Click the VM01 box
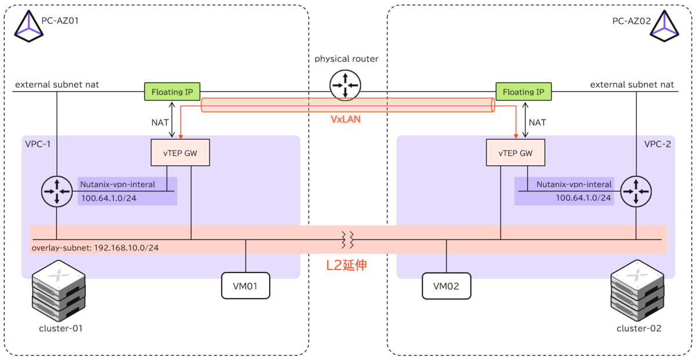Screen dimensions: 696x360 tap(245, 286)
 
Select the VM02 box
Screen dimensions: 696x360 tap(446, 286)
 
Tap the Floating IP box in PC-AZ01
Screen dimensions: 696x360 tap(172, 92)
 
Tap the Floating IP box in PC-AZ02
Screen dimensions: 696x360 tap(524, 92)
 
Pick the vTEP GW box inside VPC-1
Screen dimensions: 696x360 tap(180, 152)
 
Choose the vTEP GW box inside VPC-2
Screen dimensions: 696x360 tap(516, 152)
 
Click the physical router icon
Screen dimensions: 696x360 tap(345, 85)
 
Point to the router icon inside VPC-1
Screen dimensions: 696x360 tap(57, 191)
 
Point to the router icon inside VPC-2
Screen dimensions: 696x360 tap(636, 191)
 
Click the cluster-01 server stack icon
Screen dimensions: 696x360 tap(59, 290)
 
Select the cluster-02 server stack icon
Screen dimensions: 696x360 tap(637, 290)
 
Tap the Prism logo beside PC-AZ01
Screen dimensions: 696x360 tap(28, 26)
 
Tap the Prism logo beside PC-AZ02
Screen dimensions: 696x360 tap(664, 26)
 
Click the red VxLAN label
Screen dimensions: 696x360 tap(346, 119)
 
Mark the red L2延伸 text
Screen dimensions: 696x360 tap(346, 266)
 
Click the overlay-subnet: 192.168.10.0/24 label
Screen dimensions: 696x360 tap(95, 248)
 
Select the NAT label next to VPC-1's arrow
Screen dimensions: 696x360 tap(160, 123)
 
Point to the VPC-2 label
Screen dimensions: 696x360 tap(658, 144)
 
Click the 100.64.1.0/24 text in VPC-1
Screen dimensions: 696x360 tap(109, 198)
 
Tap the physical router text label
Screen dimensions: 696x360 tap(346, 59)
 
